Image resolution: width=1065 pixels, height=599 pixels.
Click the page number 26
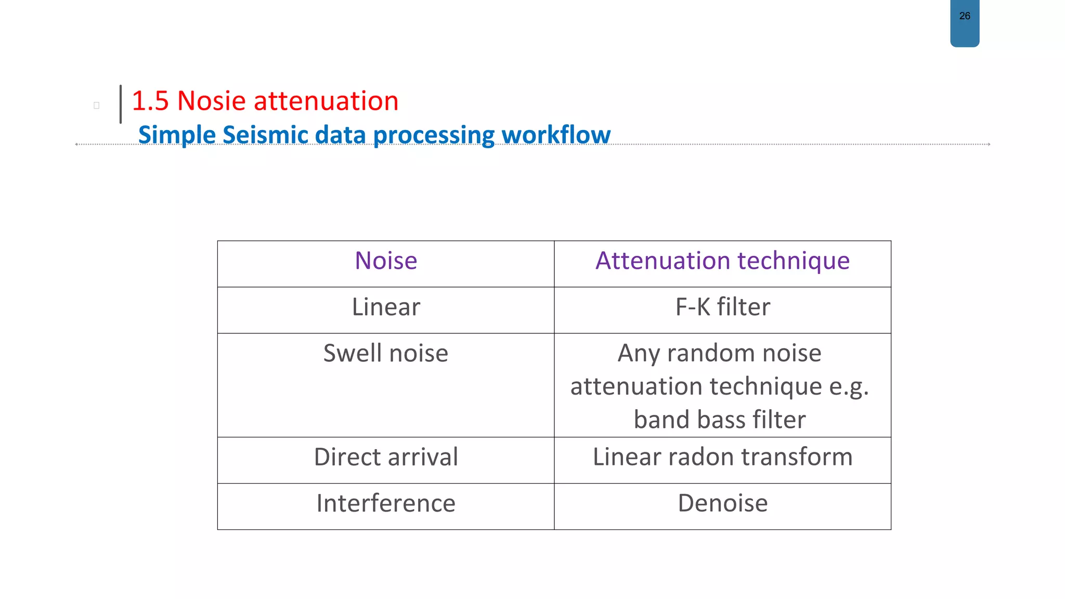click(965, 16)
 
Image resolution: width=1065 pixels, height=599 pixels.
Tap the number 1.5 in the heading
click(150, 101)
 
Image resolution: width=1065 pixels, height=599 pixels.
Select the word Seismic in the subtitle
click(265, 135)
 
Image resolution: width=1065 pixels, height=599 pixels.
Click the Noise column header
click(386, 261)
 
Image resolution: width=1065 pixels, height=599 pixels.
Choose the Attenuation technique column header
click(722, 261)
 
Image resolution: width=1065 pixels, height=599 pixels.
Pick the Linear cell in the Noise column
click(386, 307)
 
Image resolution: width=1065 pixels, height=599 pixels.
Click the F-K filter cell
click(722, 307)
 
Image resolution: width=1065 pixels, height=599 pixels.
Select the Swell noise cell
click(386, 353)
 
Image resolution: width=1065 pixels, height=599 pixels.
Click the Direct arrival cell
click(386, 457)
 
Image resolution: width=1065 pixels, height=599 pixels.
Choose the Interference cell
click(386, 503)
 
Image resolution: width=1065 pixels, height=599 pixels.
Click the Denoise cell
click(722, 503)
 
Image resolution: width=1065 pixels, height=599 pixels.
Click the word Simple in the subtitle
click(177, 135)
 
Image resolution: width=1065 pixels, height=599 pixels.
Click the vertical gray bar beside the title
click(121, 104)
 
